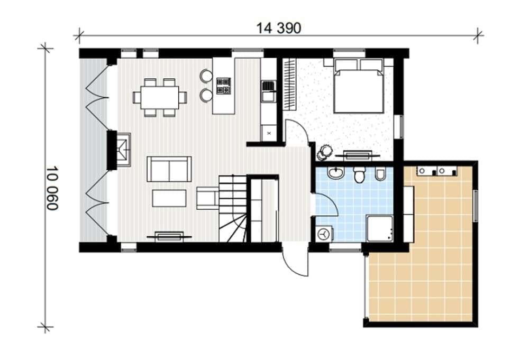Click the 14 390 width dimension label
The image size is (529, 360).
coord(278,28)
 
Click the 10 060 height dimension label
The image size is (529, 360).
coord(52,188)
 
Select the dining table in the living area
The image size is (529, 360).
coord(160,97)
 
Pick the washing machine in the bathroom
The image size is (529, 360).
coord(325,233)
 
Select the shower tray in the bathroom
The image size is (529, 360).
coord(380,228)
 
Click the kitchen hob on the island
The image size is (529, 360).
coord(224,86)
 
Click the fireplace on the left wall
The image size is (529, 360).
coord(123,150)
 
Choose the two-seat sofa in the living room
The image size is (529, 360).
coord(169,169)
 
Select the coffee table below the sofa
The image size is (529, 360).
coord(169,198)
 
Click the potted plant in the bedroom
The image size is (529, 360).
coord(324,152)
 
